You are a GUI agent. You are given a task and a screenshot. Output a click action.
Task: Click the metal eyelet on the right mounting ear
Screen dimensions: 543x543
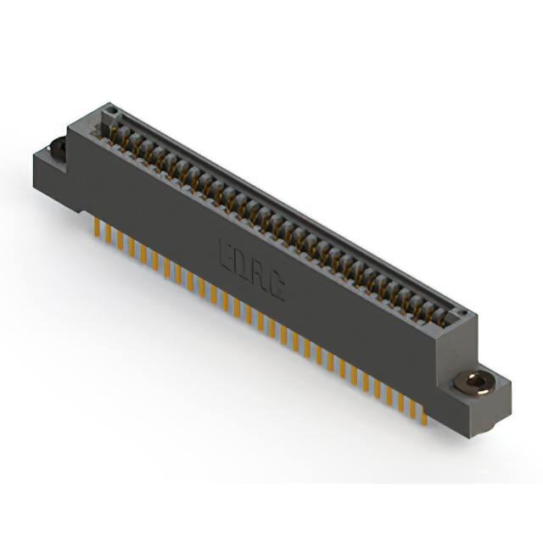pyautogui.click(x=475, y=384)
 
